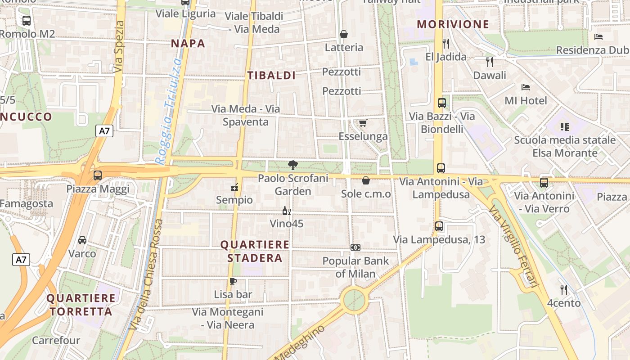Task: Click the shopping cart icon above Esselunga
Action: (x=363, y=123)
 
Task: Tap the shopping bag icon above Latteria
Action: (x=344, y=34)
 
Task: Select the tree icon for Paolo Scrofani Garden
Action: (x=293, y=165)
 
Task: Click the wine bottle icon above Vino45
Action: (x=286, y=211)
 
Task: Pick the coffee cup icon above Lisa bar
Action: (x=233, y=282)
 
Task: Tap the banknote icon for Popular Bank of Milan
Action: (x=355, y=247)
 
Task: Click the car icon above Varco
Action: (x=82, y=240)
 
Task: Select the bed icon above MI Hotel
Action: (x=526, y=87)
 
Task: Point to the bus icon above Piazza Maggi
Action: (x=98, y=175)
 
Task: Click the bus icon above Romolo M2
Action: (x=27, y=21)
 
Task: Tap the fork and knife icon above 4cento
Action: (x=563, y=289)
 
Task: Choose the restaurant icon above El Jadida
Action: (x=446, y=44)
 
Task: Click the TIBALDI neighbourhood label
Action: (x=271, y=76)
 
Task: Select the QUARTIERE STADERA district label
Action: (x=255, y=251)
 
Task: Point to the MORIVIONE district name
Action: (x=453, y=24)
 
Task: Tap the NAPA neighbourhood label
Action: (x=188, y=44)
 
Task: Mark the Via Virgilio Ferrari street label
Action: (x=513, y=247)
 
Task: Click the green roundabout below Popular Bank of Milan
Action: (x=354, y=299)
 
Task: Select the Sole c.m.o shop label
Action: (x=366, y=194)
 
